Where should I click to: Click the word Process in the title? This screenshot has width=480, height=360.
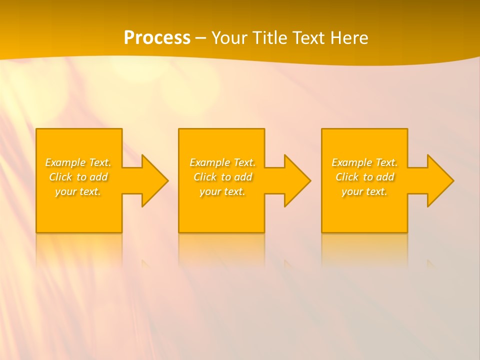coord(157,38)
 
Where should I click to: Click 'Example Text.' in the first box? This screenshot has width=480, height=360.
coord(78,162)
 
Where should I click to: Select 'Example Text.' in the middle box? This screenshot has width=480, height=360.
coord(222,162)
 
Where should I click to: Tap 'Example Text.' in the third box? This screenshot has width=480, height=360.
coord(364,162)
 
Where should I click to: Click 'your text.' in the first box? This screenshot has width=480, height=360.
coord(78,191)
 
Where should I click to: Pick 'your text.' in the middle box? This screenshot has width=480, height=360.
coord(222,191)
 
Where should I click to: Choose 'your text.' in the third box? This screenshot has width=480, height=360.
coord(364,191)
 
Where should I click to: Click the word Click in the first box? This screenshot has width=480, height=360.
coord(60,177)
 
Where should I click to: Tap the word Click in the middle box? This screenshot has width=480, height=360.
coord(205,177)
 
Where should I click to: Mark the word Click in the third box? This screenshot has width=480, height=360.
coord(347,177)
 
